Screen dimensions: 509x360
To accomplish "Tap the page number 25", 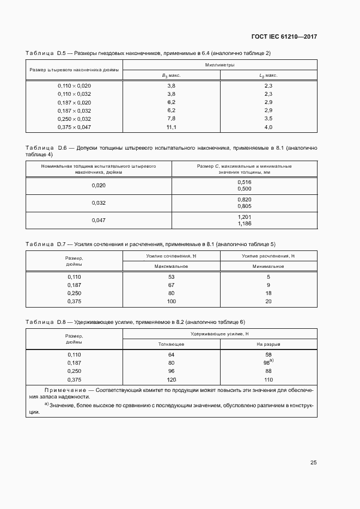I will [x=313, y=463].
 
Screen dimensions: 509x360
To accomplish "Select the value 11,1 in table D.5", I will [x=171, y=127].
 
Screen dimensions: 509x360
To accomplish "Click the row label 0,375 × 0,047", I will [x=75, y=127].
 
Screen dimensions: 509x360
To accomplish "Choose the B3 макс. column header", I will [x=171, y=76].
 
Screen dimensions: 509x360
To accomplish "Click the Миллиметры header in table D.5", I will [x=219, y=65].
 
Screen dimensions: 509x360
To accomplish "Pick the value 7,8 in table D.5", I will [x=171, y=119].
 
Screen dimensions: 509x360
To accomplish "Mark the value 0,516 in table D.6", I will [x=244, y=182].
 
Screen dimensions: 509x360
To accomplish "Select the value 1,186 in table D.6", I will [x=244, y=224].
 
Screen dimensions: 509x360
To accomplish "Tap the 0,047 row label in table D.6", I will [x=99, y=220].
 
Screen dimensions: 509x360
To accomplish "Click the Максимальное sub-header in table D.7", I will [x=171, y=266].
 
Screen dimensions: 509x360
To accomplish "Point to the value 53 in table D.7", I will [x=171, y=277].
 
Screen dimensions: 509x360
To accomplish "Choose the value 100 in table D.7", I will [x=171, y=301].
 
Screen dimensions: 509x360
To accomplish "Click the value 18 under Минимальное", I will [x=268, y=293].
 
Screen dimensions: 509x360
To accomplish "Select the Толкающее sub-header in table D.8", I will [x=171, y=344].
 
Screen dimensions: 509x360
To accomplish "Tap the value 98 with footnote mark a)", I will [x=267, y=363].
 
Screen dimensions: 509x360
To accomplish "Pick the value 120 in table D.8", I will [x=171, y=379].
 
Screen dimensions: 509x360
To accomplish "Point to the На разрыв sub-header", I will [x=268, y=344].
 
